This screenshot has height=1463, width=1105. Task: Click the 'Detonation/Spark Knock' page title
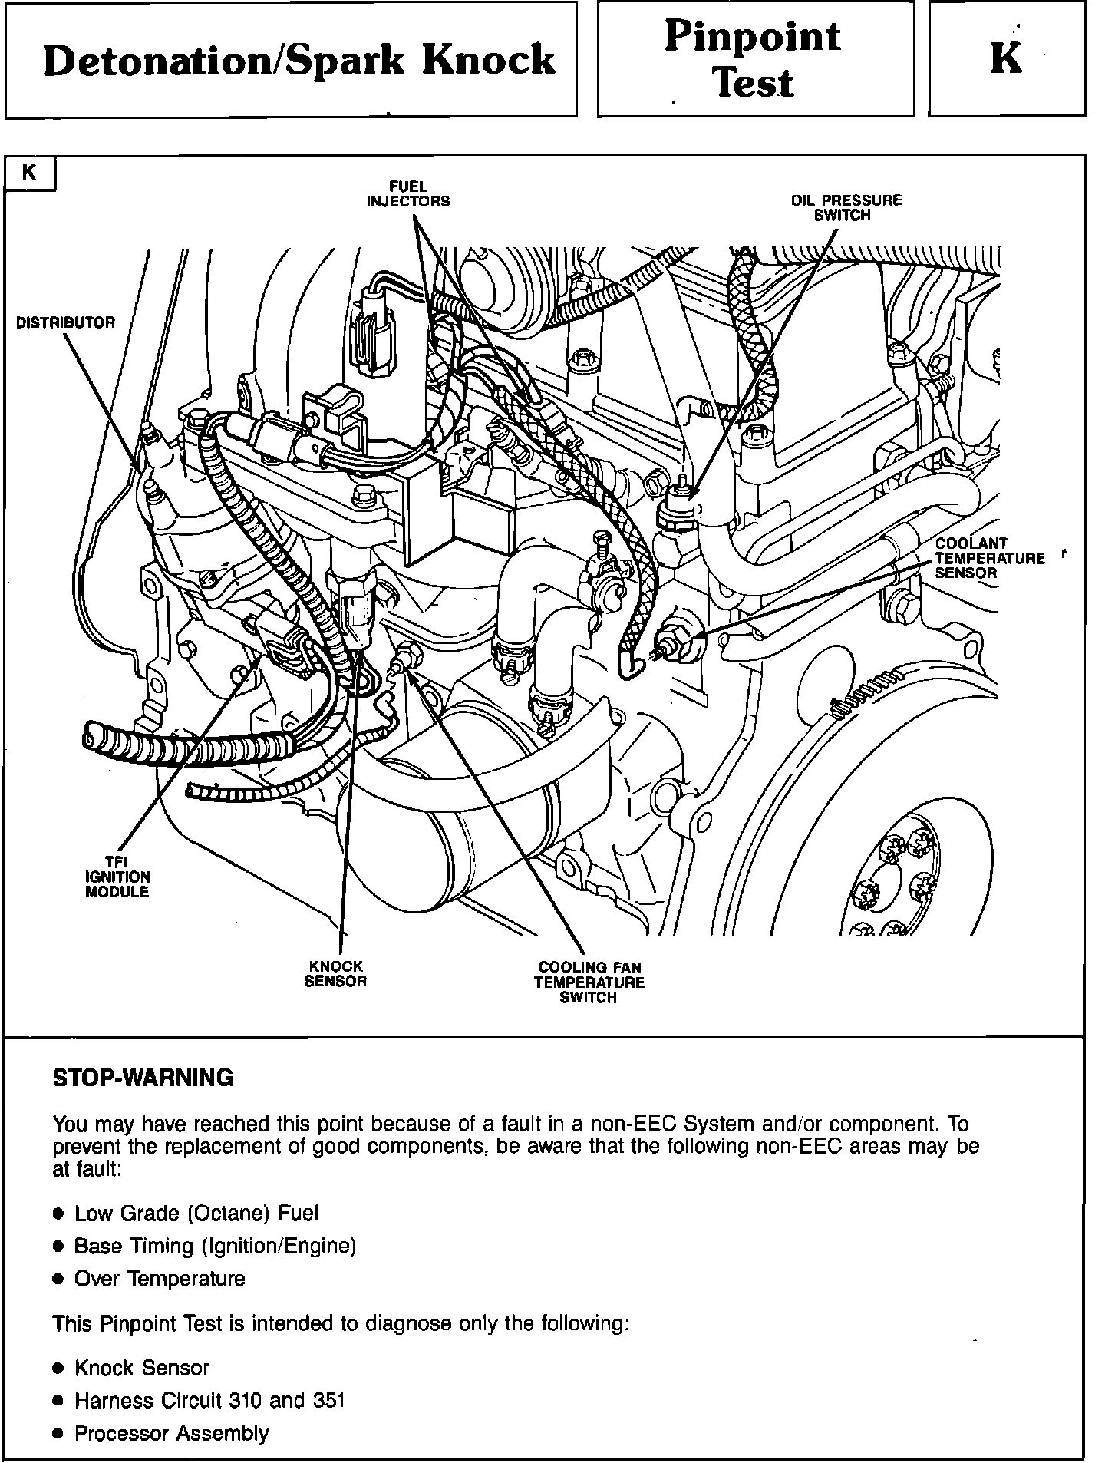(x=299, y=61)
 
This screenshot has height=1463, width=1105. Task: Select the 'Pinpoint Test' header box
(x=754, y=60)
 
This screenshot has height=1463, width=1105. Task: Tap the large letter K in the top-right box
(x=1006, y=58)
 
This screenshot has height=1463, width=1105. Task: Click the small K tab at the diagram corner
(x=30, y=173)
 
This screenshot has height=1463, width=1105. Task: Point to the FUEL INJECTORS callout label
(x=407, y=194)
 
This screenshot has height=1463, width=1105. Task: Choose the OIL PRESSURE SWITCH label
(x=846, y=208)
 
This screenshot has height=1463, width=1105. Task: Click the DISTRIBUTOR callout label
(x=65, y=322)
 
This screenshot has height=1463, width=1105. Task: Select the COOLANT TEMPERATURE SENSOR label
(x=989, y=558)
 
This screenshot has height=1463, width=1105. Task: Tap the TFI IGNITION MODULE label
(x=117, y=877)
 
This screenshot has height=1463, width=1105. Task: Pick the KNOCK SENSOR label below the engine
(x=335, y=973)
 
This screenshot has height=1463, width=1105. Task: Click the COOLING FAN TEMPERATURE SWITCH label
(x=589, y=982)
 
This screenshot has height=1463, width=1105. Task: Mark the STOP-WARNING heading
(x=143, y=1078)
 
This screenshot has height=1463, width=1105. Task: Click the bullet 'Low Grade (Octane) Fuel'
(x=196, y=1214)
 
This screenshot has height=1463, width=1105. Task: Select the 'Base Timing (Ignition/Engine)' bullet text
(x=215, y=1246)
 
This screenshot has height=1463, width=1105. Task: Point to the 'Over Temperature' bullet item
(x=160, y=1279)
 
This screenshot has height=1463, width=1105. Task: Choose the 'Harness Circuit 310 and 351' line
(x=209, y=1401)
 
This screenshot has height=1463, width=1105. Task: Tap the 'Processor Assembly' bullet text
(x=171, y=1434)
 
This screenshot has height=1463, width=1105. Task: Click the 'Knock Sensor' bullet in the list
(x=141, y=1368)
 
